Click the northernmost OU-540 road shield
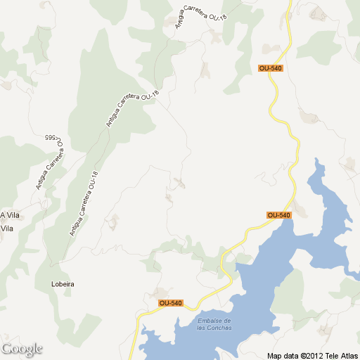270,68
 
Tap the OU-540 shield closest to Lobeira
170,303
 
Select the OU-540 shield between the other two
279,214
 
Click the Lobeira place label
63,284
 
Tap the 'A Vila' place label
8,215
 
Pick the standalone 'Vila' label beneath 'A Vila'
7,229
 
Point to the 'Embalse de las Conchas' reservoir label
214,324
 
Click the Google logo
22,349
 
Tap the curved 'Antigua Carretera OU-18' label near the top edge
199,15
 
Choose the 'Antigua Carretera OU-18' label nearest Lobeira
83,205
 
